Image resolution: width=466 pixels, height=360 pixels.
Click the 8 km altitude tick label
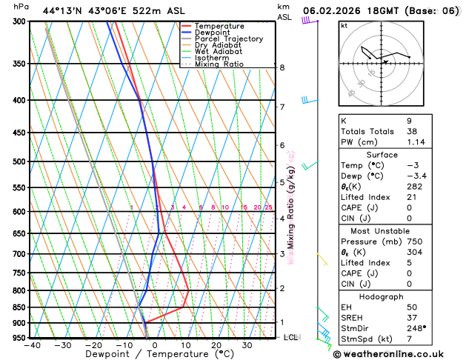click(282, 67)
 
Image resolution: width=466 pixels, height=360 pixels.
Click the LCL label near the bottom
click(291, 337)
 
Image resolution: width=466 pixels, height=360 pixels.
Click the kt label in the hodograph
click(344, 26)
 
